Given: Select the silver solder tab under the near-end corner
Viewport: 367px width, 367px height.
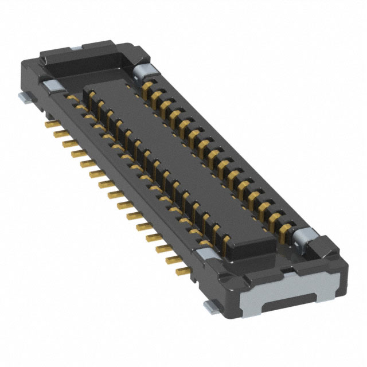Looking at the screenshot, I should pos(212,308).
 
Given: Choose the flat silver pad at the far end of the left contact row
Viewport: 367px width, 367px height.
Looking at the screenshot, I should pos(50,85).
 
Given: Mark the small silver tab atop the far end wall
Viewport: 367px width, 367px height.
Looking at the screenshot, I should pos(75,49).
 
